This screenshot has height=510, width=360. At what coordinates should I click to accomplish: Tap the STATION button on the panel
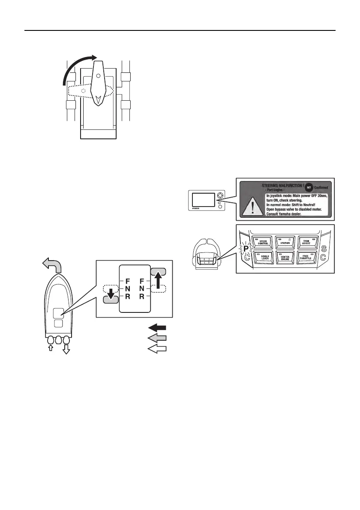click(285, 243)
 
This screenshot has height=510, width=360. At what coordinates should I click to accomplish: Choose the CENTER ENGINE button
click(285, 259)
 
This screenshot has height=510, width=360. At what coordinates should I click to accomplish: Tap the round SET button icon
click(308, 187)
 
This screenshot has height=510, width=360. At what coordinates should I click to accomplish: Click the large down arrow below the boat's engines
click(66, 350)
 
